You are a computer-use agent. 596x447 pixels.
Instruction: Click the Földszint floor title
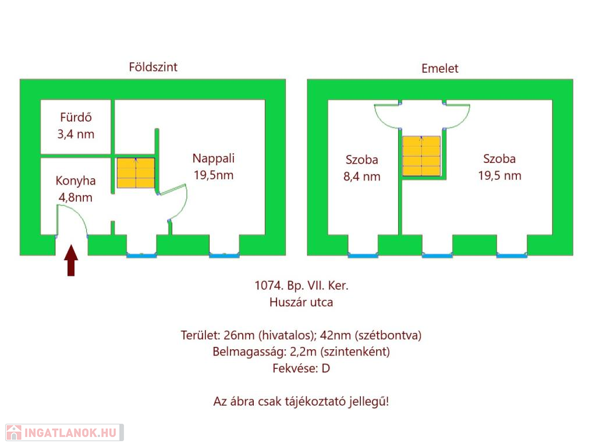pyautogui.click(x=153, y=67)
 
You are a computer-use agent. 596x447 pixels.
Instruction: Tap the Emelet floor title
pyautogui.click(x=439, y=69)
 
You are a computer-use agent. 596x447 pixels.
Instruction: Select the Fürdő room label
pyautogui.click(x=75, y=117)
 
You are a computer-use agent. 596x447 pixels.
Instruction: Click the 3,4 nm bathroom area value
pyautogui.click(x=75, y=134)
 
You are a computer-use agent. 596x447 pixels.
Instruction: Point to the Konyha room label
pyautogui.click(x=75, y=180)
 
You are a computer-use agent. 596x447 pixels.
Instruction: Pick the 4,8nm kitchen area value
pyautogui.click(x=75, y=197)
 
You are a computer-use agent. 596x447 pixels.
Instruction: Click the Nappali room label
pyautogui.click(x=214, y=158)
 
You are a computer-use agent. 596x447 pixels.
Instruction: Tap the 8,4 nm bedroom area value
pyautogui.click(x=361, y=176)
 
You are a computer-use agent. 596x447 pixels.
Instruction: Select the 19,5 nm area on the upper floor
pyautogui.click(x=499, y=176)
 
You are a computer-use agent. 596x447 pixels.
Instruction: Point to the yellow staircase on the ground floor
pyautogui.click(x=136, y=173)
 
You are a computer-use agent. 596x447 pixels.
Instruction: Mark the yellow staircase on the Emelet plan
pyautogui.click(x=421, y=156)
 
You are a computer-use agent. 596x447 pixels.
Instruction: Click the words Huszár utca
pyautogui.click(x=301, y=302)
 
